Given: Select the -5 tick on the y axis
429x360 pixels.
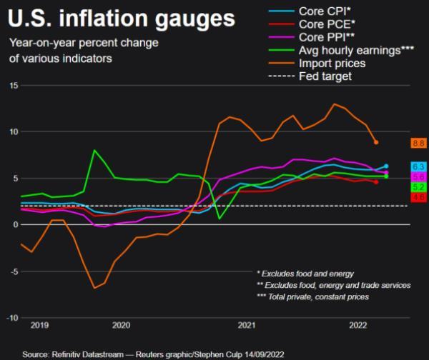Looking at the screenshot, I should click(13, 271).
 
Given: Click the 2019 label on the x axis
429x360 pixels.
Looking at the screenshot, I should click(39, 325).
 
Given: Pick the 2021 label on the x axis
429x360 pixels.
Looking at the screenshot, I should click(247, 325).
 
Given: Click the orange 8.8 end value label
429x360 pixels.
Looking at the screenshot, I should click(418, 144).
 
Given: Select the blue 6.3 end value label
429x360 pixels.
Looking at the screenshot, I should click(418, 166).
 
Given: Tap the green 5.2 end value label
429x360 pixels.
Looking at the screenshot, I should click(418, 186).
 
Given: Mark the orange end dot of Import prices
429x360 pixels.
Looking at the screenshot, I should click(376, 142).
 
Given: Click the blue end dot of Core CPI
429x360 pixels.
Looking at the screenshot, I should click(386, 166).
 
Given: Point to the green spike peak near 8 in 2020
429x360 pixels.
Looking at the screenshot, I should click(94, 151).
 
